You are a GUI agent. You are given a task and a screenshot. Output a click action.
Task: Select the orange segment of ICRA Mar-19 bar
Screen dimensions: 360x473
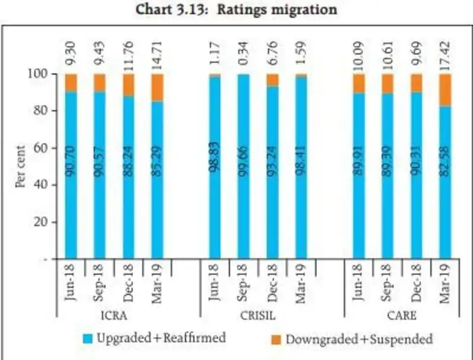[157, 87]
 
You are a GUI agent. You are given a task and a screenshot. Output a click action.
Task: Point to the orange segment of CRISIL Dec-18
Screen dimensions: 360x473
[272, 80]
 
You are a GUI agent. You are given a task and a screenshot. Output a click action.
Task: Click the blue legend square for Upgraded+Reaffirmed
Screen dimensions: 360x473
[88, 338]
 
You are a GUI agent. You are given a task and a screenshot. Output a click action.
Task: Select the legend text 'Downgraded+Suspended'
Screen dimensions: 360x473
[358, 338]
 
